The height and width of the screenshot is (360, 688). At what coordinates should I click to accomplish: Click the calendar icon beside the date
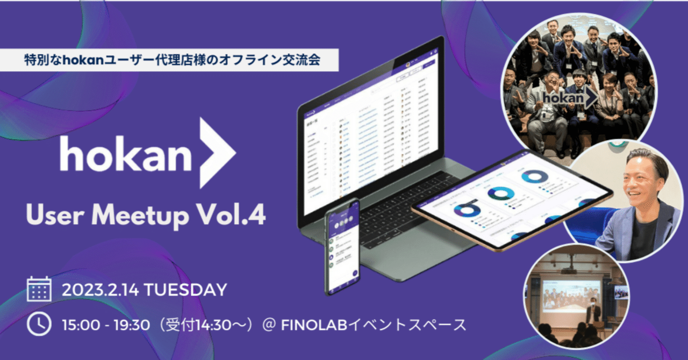click(x=39, y=289)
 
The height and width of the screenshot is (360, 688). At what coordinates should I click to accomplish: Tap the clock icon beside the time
click(x=39, y=324)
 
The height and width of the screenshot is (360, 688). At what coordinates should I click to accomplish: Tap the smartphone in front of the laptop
click(x=342, y=247)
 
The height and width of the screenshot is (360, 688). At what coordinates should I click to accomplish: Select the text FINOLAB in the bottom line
click(x=309, y=325)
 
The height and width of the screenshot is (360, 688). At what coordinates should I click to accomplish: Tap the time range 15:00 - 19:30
click(x=113, y=325)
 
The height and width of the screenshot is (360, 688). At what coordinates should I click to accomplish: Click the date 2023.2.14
click(x=101, y=290)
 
